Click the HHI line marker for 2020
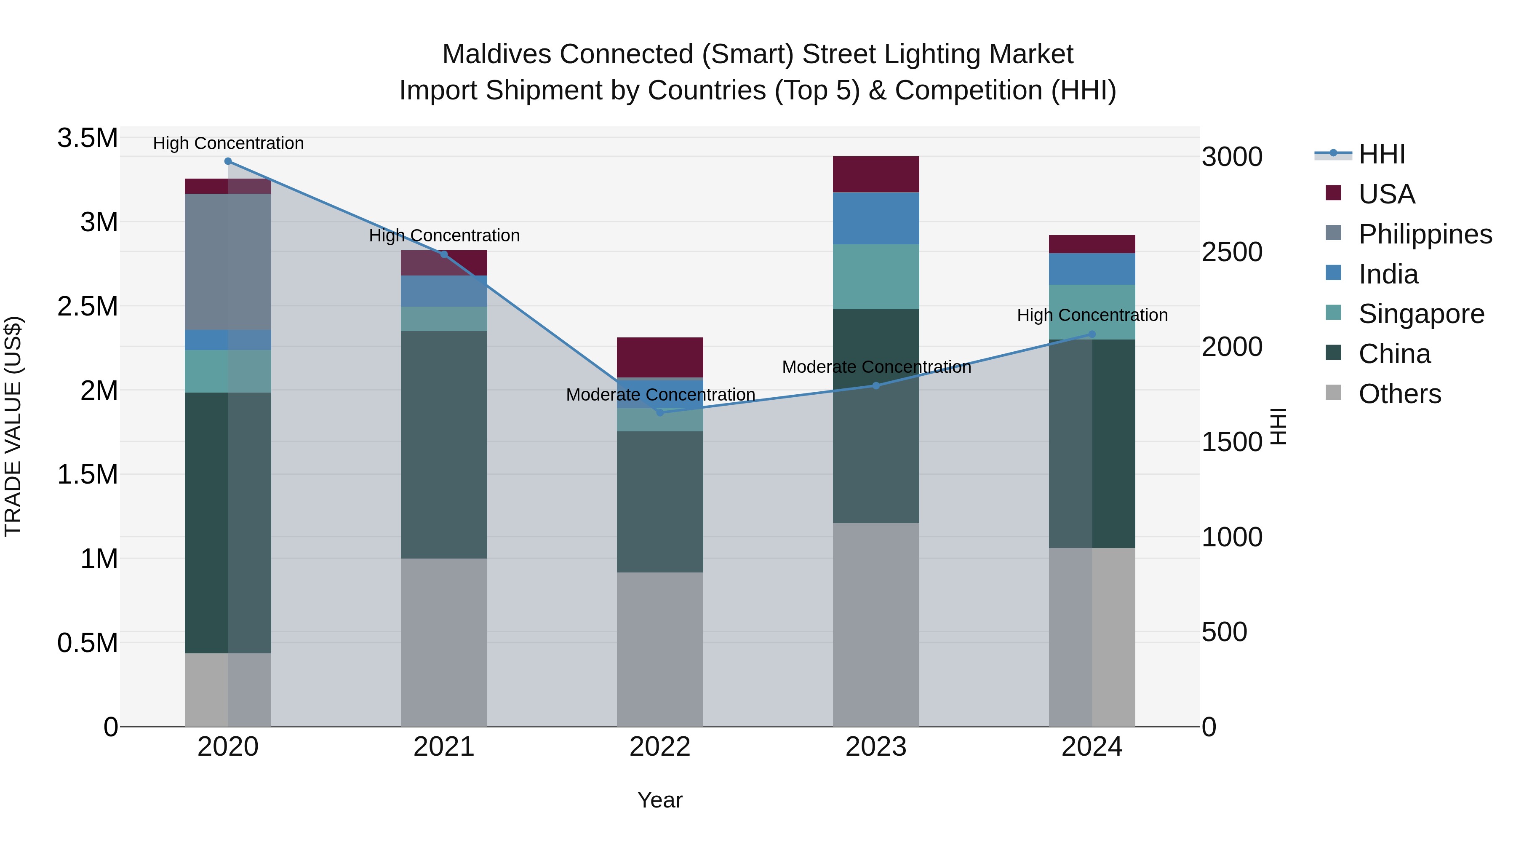pyautogui.click(x=228, y=161)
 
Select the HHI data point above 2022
pyautogui.click(x=660, y=413)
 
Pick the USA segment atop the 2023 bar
pyautogui.click(x=876, y=174)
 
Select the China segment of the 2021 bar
pyautogui.click(x=444, y=444)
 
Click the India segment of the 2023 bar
pyautogui.click(x=876, y=218)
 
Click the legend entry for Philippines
pyautogui.click(x=1425, y=234)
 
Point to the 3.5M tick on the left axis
pyautogui.click(x=87, y=138)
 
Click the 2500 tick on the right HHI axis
pyautogui.click(x=1232, y=252)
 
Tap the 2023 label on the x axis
pyautogui.click(x=876, y=747)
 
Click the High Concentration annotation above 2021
pyautogui.click(x=444, y=235)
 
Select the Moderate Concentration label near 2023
pyautogui.click(x=876, y=367)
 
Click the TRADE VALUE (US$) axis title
pyautogui.click(x=13, y=426)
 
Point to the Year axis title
pyautogui.click(x=660, y=800)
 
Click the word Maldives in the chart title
pyautogui.click(x=497, y=54)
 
